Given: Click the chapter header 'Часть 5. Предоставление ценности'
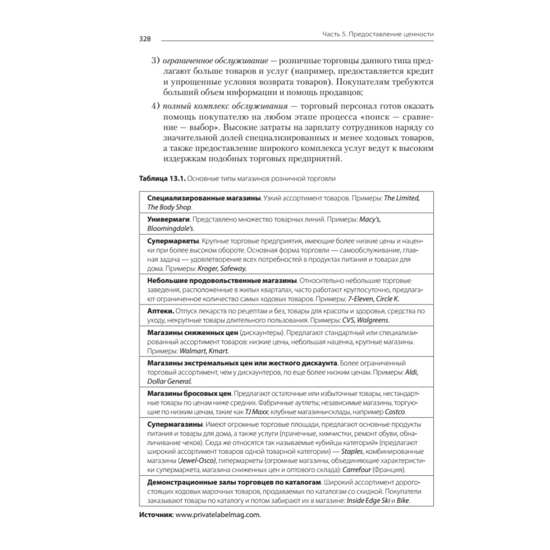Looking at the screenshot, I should click(x=378, y=34).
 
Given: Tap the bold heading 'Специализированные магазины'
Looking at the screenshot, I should click(x=204, y=197).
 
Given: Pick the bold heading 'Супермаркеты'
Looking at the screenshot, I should click(x=173, y=242).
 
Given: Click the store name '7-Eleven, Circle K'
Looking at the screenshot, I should click(x=373, y=299).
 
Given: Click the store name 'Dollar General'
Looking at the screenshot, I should click(x=169, y=381).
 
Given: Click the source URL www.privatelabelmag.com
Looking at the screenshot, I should click(x=217, y=514).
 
